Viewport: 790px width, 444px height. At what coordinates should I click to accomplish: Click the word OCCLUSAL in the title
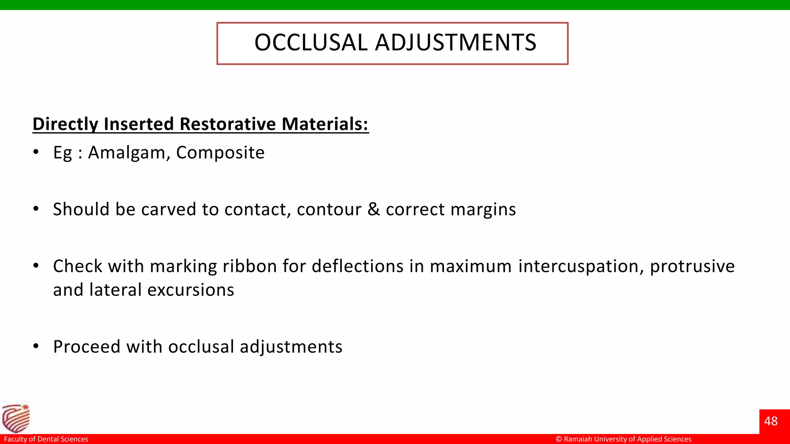click(311, 42)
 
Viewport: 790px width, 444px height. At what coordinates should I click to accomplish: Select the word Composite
click(220, 153)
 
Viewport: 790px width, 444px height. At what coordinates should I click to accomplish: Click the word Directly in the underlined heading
click(66, 124)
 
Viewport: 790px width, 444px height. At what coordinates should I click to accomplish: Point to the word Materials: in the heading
click(325, 124)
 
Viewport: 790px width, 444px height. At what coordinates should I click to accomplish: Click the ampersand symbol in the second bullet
click(373, 209)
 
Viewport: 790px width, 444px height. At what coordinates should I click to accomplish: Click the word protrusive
click(692, 266)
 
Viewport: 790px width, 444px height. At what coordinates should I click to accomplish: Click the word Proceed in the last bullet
click(87, 346)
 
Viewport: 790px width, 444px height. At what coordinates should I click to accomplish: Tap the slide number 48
click(771, 421)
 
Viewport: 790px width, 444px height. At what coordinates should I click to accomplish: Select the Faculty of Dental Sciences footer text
click(46, 439)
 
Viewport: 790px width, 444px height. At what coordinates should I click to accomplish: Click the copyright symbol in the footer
click(559, 439)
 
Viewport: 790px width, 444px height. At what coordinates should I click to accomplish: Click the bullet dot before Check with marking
click(36, 266)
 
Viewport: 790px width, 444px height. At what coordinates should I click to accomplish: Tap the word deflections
click(357, 266)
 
